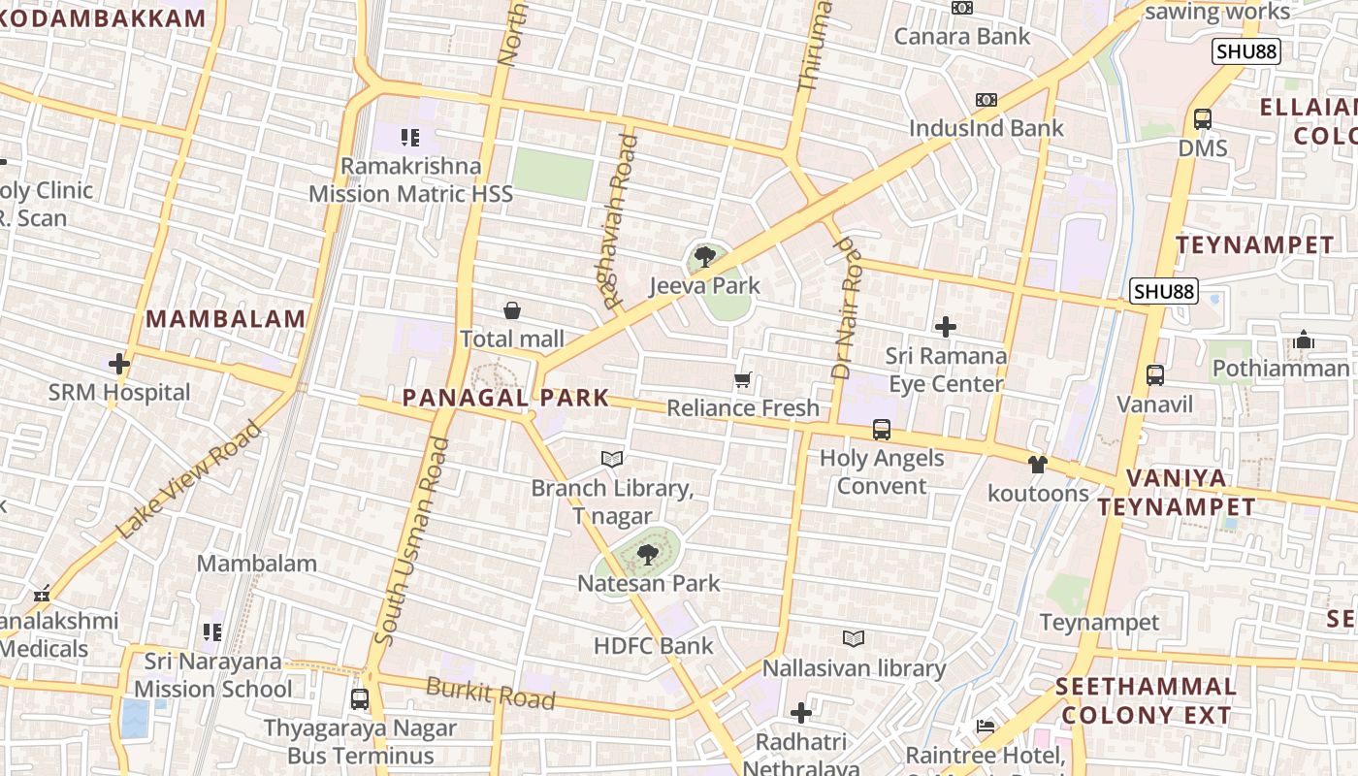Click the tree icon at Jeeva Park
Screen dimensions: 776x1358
(705, 257)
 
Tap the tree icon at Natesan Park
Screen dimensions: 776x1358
(647, 555)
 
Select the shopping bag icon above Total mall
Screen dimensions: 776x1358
(512, 310)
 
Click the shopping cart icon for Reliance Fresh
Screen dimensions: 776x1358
(743, 380)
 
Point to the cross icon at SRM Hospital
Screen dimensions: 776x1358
(119, 364)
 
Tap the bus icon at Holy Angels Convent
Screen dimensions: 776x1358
(882, 429)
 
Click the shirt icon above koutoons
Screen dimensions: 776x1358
(1038, 464)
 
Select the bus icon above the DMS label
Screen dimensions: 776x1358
(1203, 119)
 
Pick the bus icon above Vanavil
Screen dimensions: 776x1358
(1155, 374)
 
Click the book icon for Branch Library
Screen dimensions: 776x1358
(612, 459)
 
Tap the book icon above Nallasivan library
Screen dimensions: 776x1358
(854, 638)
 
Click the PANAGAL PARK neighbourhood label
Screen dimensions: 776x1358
(505, 397)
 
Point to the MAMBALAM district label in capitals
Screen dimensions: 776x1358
(226, 318)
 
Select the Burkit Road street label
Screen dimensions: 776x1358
(491, 695)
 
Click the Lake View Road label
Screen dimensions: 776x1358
(189, 480)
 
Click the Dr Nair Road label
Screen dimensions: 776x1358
(847, 308)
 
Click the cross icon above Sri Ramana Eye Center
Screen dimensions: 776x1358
(946, 327)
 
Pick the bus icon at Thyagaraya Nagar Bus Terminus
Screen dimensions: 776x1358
(360, 698)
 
